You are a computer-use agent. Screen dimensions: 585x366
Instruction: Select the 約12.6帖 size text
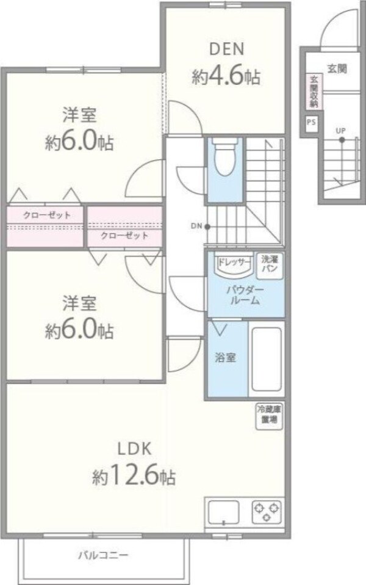[x=135, y=476]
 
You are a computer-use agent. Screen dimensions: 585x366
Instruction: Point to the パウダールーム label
[x=246, y=295]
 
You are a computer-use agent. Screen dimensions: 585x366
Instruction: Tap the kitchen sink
[x=224, y=509]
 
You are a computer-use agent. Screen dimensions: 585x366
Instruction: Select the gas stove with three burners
[x=267, y=509]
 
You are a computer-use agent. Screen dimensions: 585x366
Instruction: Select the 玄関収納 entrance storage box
[x=313, y=92]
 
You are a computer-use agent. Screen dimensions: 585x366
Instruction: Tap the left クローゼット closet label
[x=46, y=215]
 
